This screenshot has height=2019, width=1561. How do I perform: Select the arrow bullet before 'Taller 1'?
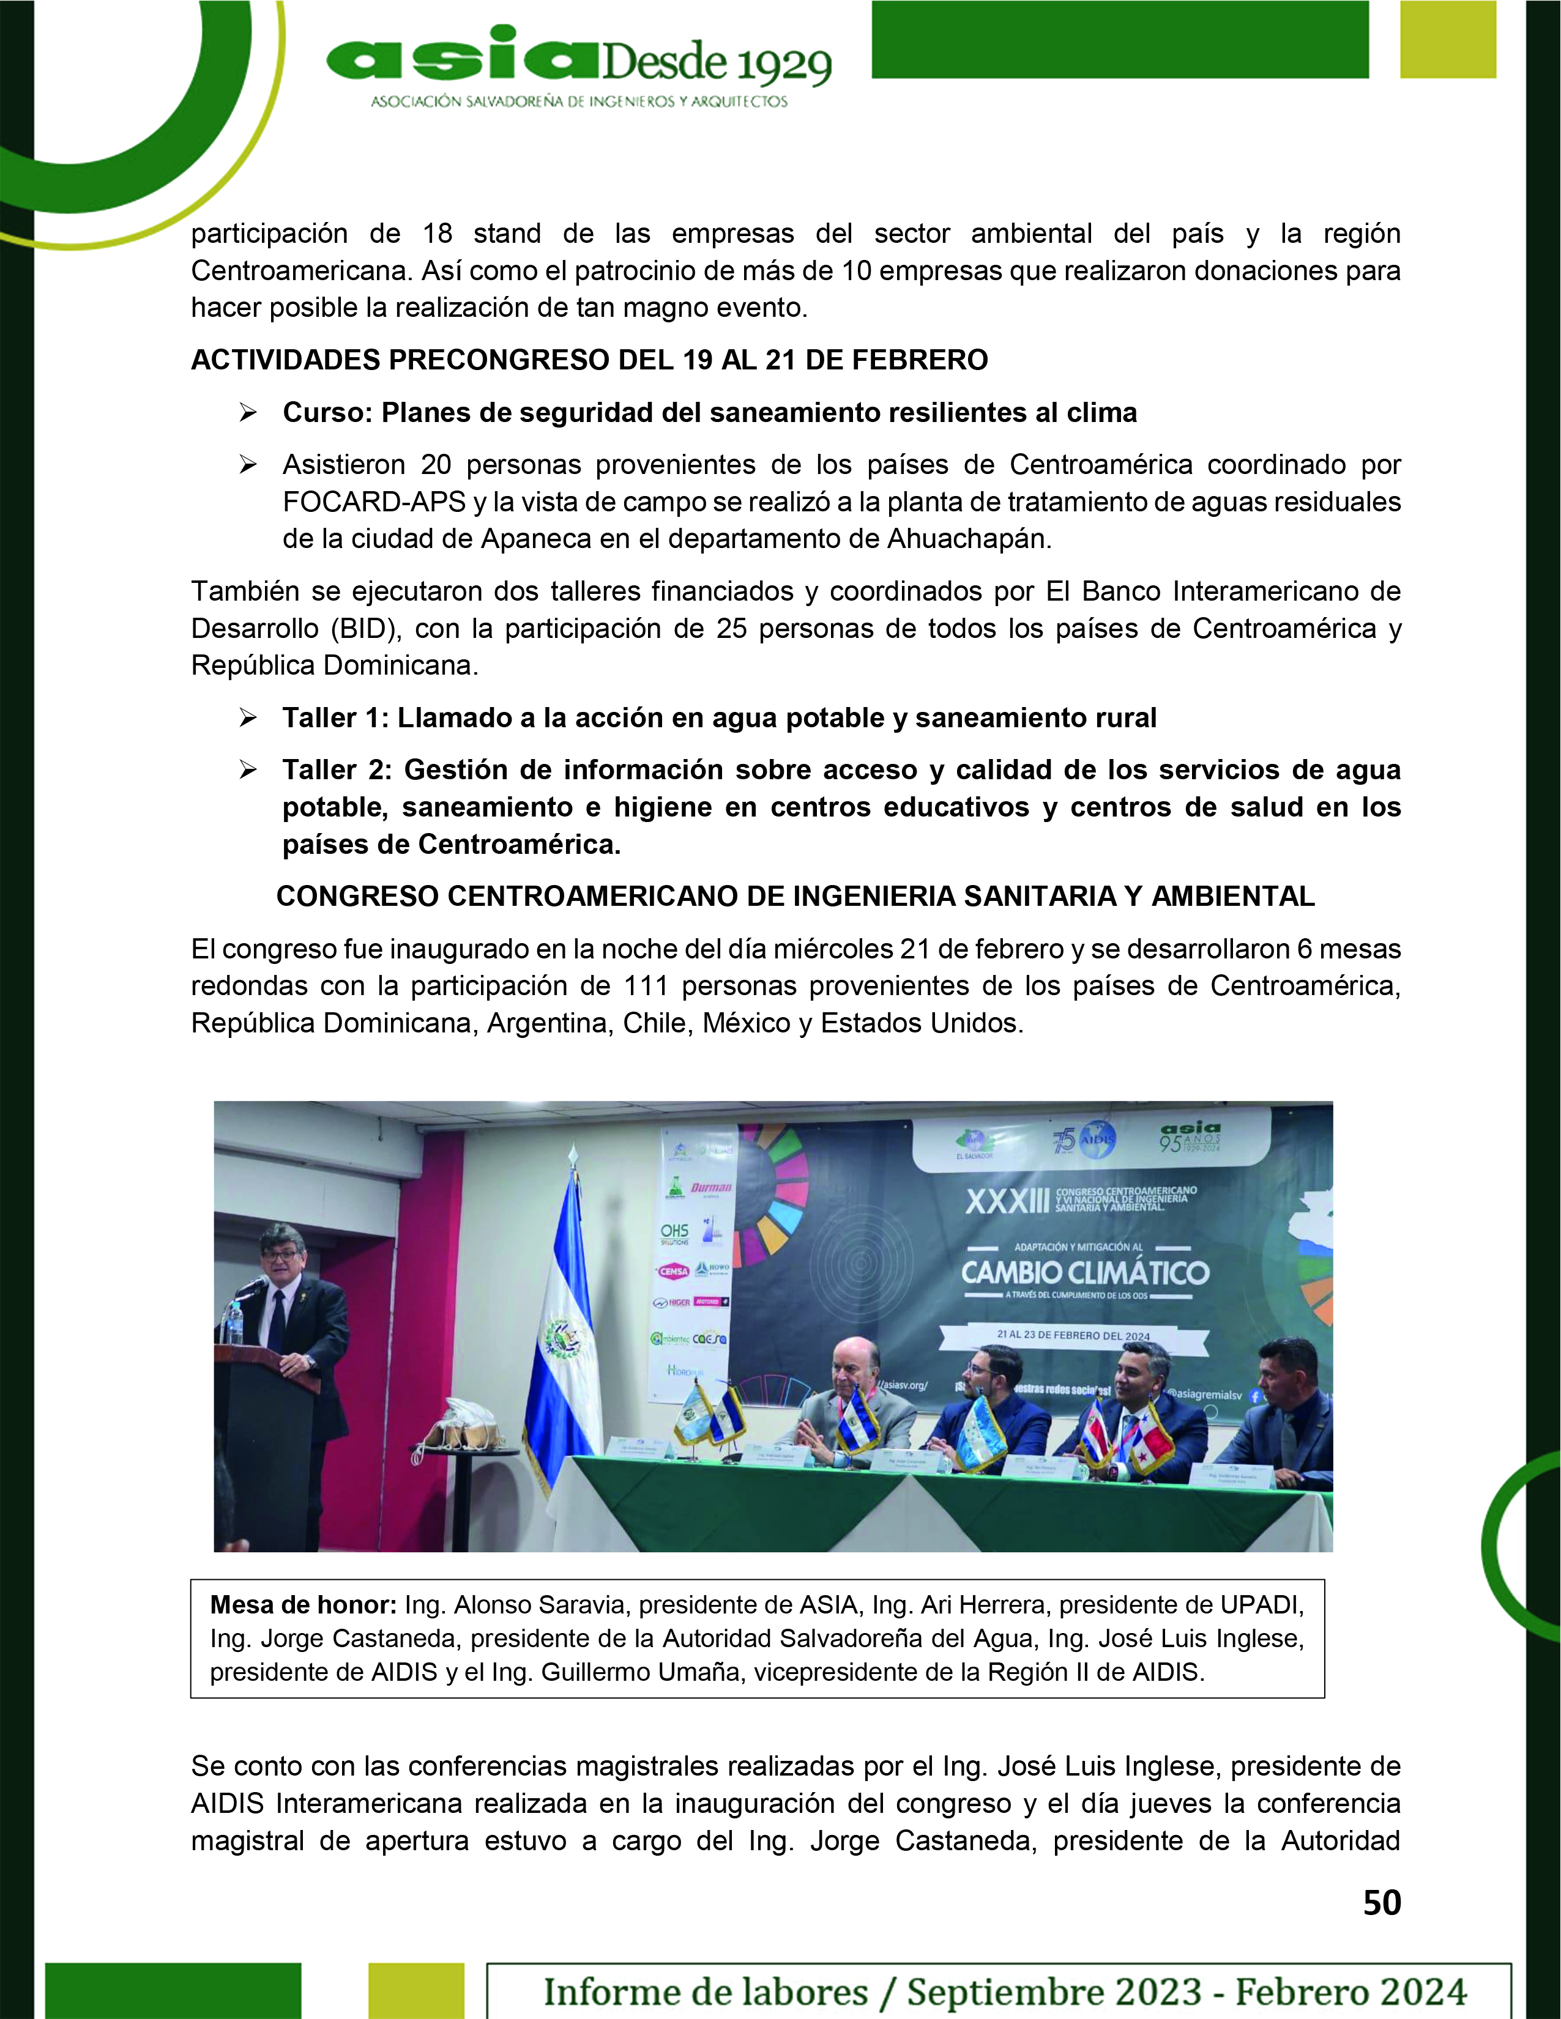248,717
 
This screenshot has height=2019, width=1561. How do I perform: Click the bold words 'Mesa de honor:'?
304,1605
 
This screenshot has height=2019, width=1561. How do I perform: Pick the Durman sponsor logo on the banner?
710,1188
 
